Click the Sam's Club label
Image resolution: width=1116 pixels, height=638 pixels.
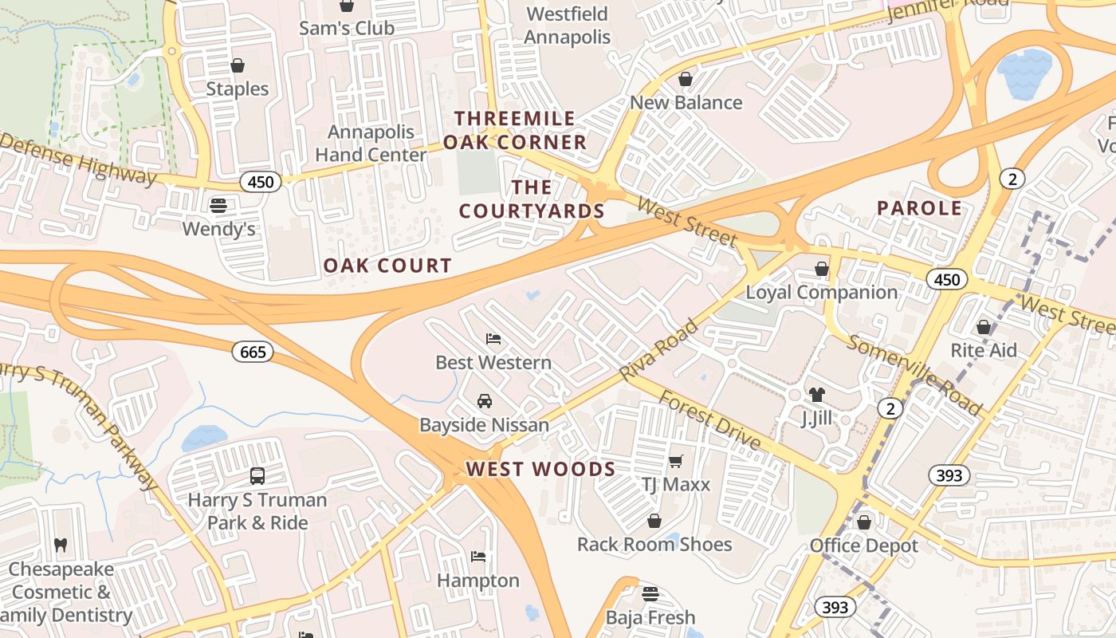(346, 28)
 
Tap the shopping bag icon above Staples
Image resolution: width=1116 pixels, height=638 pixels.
(237, 65)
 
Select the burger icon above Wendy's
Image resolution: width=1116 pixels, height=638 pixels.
(218, 206)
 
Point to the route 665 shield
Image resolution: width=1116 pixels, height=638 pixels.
(253, 352)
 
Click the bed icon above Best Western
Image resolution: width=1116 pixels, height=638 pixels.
(493, 339)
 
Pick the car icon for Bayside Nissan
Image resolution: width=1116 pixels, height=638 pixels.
(484, 401)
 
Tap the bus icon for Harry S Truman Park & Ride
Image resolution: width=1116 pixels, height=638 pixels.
(257, 476)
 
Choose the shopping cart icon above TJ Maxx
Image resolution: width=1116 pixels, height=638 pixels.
(676, 460)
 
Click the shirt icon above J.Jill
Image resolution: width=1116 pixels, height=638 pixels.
(816, 394)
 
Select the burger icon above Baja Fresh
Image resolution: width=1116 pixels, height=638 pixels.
(650, 594)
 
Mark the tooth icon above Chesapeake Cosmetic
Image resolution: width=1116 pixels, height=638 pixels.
(61, 545)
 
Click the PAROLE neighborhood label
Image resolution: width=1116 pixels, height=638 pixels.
(919, 208)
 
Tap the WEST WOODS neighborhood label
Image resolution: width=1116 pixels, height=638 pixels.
(540, 469)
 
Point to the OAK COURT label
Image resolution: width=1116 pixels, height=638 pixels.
(387, 266)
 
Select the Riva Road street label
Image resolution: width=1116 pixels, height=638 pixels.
(658, 349)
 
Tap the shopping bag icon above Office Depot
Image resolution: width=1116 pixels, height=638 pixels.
(863, 522)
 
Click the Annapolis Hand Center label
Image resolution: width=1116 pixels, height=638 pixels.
(371, 143)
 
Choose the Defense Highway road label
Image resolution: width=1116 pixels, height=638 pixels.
(78, 159)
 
